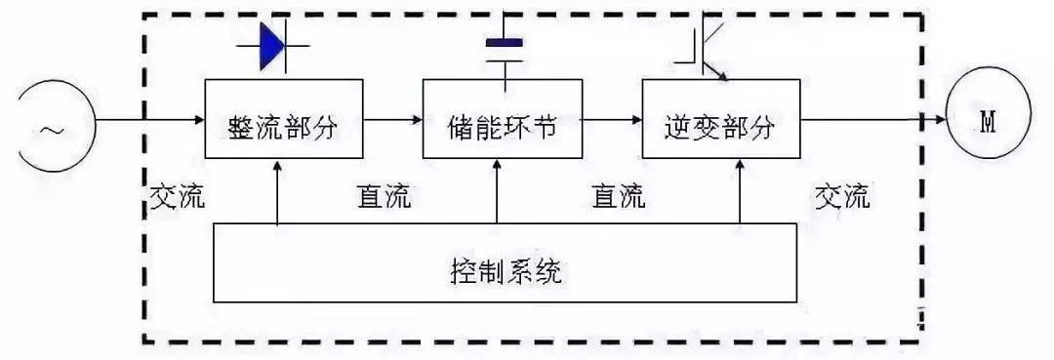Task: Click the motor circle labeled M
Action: click(988, 121)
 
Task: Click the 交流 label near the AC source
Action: click(177, 197)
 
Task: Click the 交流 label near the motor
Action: click(842, 197)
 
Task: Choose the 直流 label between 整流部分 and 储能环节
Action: click(383, 197)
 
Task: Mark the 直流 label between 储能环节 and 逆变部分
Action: click(619, 197)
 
